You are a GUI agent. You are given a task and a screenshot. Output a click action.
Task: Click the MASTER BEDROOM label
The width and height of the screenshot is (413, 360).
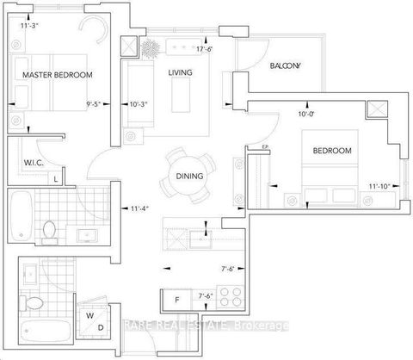(x=57, y=75)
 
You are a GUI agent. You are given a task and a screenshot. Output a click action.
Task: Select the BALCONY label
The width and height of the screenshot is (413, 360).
(x=285, y=65)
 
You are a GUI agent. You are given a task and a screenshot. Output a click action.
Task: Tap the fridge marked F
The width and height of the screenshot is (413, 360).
(x=176, y=300)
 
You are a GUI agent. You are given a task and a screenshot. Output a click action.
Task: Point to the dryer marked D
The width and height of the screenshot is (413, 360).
(x=102, y=328)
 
